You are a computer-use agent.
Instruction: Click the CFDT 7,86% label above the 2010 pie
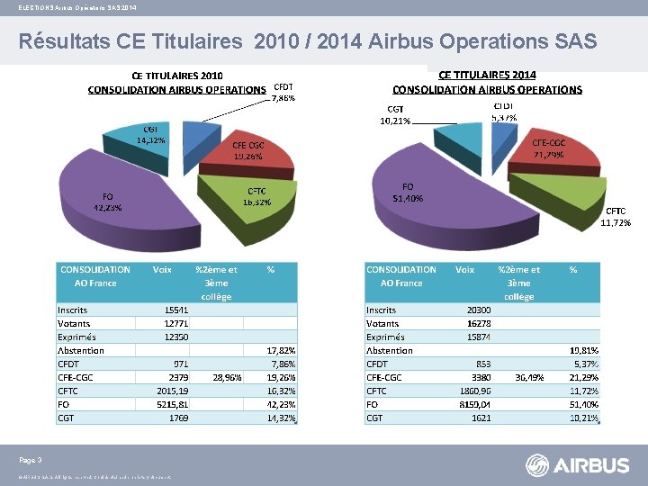click(x=283, y=92)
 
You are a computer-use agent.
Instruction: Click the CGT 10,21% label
click(x=395, y=114)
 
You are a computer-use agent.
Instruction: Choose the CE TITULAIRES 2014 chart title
click(x=487, y=76)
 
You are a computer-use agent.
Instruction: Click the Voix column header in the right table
click(x=465, y=269)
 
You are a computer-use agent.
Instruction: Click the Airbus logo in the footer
click(x=578, y=465)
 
